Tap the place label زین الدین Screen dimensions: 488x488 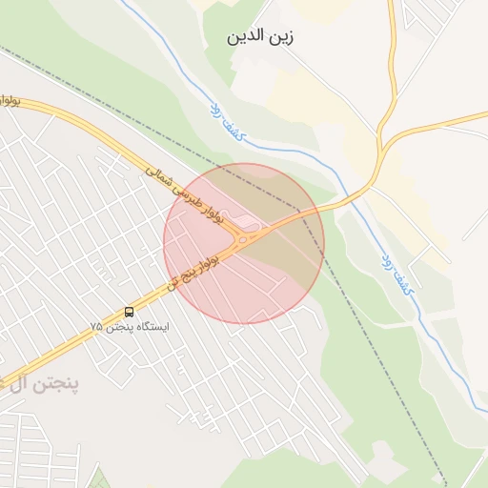coord(259,38)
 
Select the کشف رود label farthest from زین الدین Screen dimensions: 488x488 coord(399,273)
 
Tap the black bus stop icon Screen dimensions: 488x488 coord(129,312)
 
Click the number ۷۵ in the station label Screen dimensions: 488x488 coord(95,327)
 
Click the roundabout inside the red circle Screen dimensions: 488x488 coord(245,238)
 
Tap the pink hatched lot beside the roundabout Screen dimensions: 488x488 coord(247,223)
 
